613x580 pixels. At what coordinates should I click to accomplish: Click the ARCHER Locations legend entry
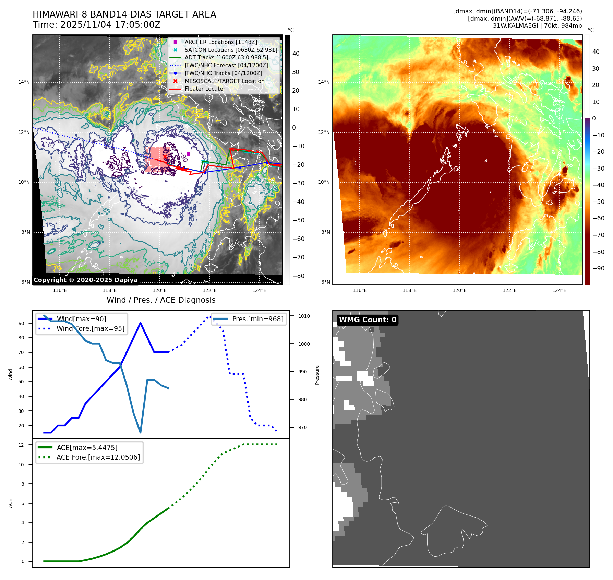[220, 42]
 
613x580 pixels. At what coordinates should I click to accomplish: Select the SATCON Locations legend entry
[230, 50]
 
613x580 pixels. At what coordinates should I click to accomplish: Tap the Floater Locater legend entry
[205, 89]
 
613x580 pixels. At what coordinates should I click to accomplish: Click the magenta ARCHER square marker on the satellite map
[188, 154]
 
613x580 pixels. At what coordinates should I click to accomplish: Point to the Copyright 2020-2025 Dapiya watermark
[85, 280]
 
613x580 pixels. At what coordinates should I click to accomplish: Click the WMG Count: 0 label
[367, 320]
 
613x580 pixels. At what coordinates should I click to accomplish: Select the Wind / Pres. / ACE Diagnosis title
[161, 300]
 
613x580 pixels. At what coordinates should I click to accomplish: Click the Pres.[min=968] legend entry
[257, 319]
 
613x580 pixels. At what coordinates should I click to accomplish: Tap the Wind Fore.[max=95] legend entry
[90, 328]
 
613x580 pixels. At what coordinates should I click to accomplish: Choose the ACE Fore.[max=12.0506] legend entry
[98, 457]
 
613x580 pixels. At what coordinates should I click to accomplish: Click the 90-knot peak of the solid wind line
[141, 323]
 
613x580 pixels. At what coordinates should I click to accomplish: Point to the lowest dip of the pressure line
[141, 432]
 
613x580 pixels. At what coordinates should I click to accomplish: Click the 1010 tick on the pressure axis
[304, 316]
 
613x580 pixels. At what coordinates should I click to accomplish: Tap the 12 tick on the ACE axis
[21, 445]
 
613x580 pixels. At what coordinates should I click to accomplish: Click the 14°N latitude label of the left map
[24, 82]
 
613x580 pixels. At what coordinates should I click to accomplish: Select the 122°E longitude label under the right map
[509, 290]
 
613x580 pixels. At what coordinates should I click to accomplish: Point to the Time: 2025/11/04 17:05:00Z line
[96, 25]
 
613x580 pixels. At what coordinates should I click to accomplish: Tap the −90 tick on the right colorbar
[598, 268]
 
